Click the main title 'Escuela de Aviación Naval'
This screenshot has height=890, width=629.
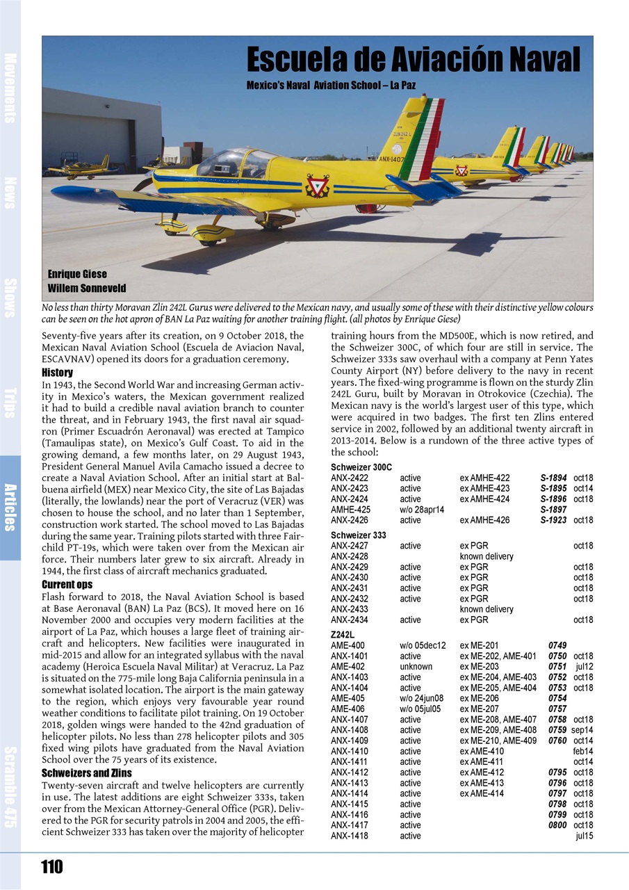click(x=413, y=60)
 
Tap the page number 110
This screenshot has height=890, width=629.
click(x=52, y=866)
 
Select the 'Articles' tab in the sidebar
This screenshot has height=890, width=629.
click(x=10, y=507)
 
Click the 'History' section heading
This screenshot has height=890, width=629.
click(x=58, y=373)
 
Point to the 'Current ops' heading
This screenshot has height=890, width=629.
click(x=67, y=585)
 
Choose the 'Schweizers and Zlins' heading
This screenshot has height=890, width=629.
click(x=87, y=772)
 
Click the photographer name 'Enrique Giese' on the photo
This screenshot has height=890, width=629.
click(x=77, y=274)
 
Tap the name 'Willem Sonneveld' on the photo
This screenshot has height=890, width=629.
click(x=87, y=288)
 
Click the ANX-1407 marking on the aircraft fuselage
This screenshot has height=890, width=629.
click(x=391, y=161)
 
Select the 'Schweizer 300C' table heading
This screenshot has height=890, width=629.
click(x=361, y=467)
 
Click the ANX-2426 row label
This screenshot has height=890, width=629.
click(x=350, y=520)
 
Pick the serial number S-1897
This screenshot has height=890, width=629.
click(x=553, y=510)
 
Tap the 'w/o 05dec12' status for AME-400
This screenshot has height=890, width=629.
click(x=423, y=645)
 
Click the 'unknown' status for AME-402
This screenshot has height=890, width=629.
click(x=416, y=666)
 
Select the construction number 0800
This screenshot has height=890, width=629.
click(x=557, y=825)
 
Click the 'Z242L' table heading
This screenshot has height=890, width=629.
click(x=343, y=635)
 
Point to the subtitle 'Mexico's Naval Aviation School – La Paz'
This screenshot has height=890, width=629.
click(x=332, y=86)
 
